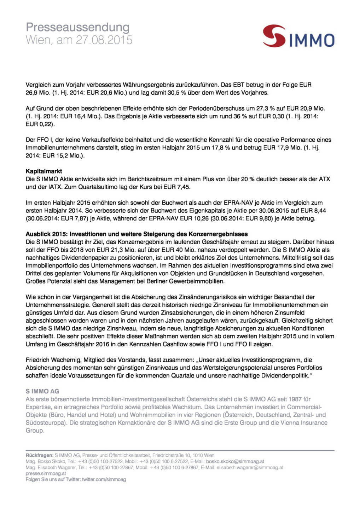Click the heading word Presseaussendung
pos(77,27)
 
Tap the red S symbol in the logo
pos(274,36)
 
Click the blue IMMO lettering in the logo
pos(311,41)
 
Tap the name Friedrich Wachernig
pos(53,360)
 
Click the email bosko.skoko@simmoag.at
pos(235,461)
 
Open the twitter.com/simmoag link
pos(104,480)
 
